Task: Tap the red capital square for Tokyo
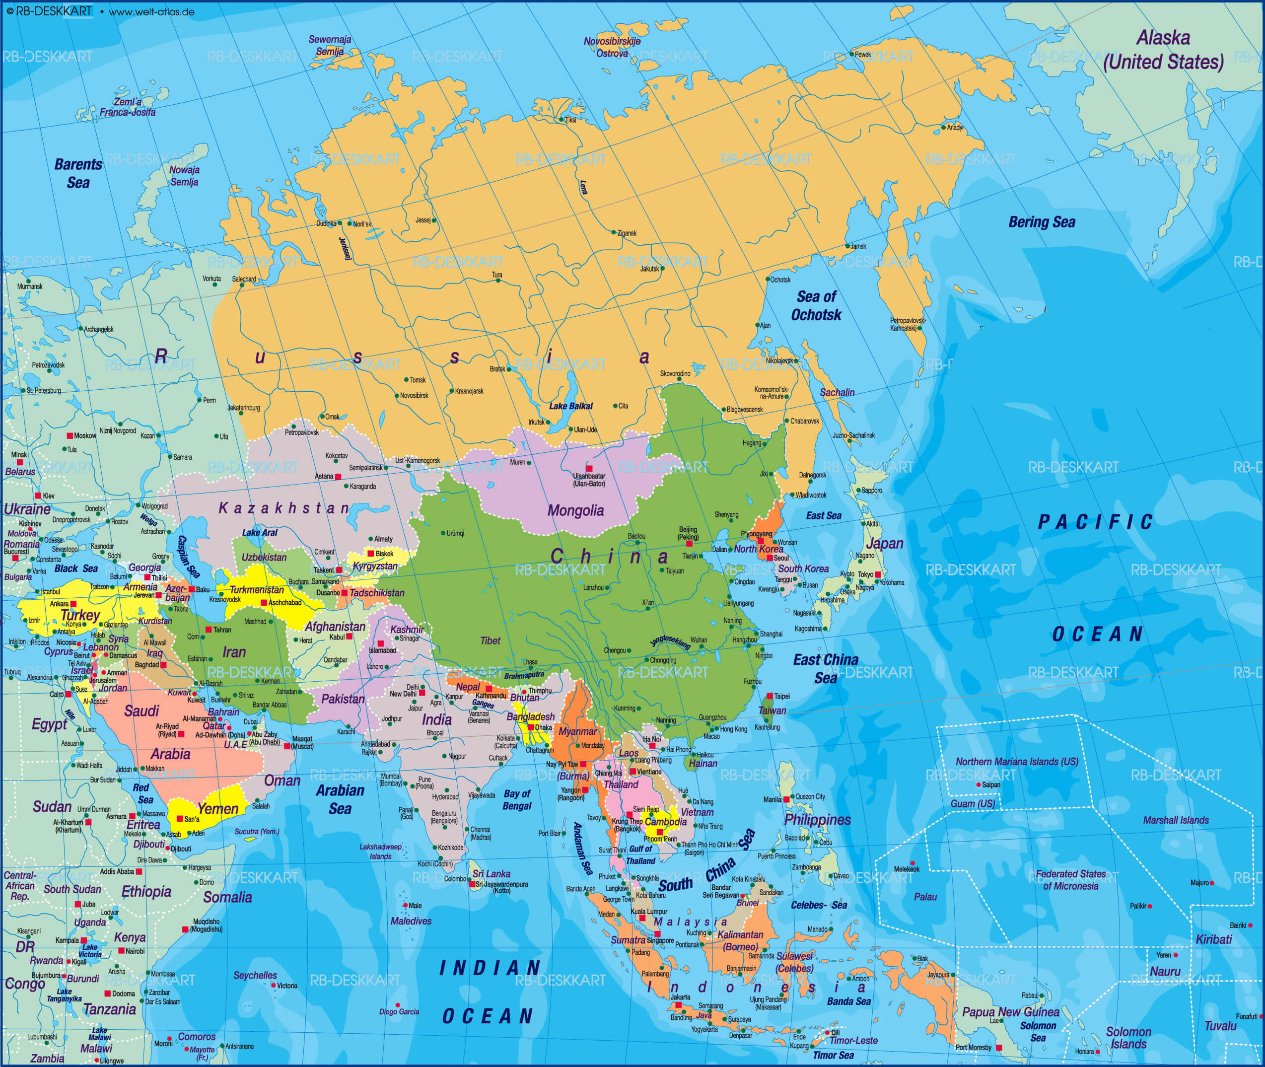tap(877, 574)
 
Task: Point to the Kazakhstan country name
tap(283, 508)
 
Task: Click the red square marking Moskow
tap(70, 435)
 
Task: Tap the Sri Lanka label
tap(491, 873)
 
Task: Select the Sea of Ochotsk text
tap(816, 305)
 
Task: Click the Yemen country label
tap(217, 809)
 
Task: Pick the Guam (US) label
tap(973, 803)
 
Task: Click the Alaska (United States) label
tap(1163, 50)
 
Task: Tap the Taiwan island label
tap(772, 710)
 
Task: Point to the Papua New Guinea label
tap(1010, 1012)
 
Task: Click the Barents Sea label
tap(78, 173)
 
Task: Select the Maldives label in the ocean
tap(411, 921)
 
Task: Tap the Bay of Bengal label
tap(517, 800)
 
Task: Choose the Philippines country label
tap(817, 820)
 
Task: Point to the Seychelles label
tap(255, 975)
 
